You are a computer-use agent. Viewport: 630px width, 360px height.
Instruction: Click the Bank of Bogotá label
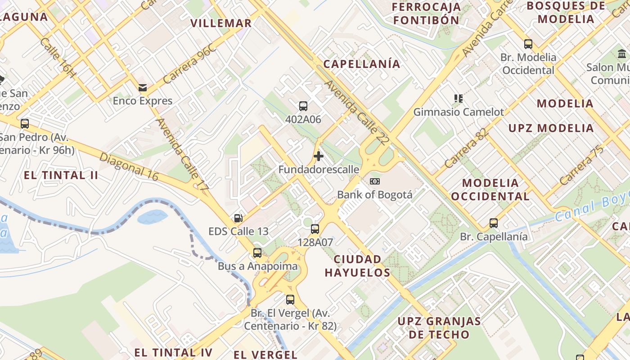pos(374,195)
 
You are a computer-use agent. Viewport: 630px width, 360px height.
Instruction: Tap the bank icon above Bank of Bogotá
pos(374,181)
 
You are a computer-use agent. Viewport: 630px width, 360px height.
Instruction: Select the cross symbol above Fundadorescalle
pos(319,156)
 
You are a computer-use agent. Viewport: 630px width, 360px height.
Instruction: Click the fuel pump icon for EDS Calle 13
pos(238,218)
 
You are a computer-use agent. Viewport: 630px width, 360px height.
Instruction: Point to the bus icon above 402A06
pos(303,106)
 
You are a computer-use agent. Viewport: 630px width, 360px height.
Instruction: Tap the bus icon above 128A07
pos(315,229)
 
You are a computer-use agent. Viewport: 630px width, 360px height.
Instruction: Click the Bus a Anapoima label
pos(257,266)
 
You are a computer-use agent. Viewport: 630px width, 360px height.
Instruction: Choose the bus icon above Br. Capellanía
pos(494,223)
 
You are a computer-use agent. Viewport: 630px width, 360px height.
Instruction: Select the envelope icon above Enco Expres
pos(143,88)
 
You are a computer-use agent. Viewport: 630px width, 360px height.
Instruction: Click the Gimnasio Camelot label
pos(459,112)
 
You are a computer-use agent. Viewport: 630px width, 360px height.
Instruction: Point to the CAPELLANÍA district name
pos(362,64)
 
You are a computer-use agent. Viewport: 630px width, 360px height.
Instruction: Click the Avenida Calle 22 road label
pos(356,112)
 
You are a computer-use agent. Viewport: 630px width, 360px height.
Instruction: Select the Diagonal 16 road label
pos(129,167)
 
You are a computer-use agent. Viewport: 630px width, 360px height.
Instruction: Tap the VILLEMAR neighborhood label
pos(221,23)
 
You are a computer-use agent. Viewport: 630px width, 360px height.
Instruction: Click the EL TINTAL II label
pos(61,175)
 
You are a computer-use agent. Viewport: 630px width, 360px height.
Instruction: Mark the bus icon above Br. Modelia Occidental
pos(528,44)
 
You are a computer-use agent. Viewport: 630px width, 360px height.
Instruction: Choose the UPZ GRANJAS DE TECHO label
pos(439,328)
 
